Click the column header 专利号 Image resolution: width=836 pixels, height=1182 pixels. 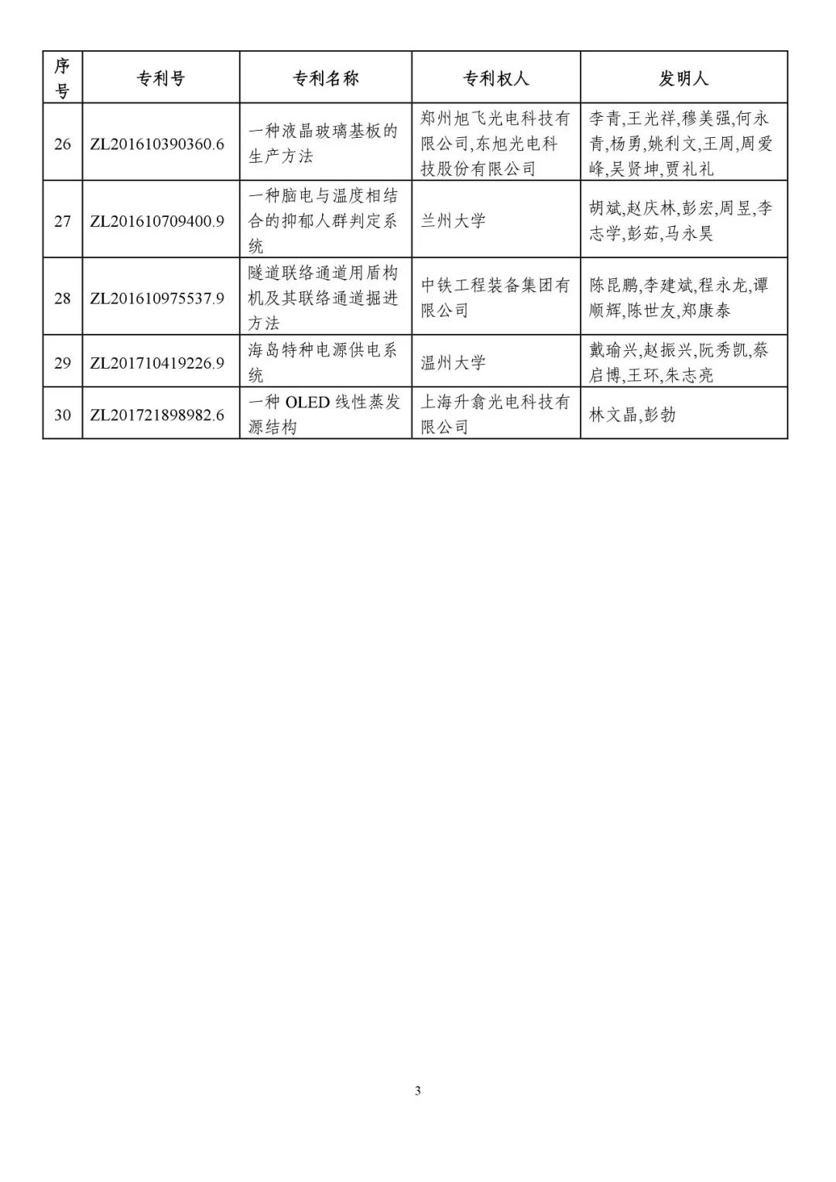coord(161,78)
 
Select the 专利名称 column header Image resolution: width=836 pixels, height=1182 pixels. coord(325,78)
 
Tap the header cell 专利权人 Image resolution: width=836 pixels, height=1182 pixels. coord(495,78)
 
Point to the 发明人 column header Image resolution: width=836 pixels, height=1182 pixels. coord(684,78)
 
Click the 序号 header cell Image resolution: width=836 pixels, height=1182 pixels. coord(62,78)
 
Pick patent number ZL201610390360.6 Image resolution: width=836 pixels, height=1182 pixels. coord(157,144)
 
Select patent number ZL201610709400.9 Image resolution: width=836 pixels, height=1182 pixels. coord(157,222)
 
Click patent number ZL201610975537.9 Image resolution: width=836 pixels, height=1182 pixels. coord(157,298)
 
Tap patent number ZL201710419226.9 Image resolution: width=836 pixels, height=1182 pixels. coord(157,363)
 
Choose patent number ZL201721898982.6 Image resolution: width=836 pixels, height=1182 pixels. coord(157,415)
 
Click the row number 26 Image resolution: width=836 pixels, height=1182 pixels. coord(62,144)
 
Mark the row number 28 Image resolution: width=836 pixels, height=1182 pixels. coord(62,298)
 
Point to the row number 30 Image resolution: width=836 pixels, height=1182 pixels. coord(62,415)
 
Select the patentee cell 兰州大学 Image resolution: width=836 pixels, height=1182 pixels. coord(454,222)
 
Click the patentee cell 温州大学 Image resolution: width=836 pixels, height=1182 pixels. coord(454,363)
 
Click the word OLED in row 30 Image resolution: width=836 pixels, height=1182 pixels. coord(308,403)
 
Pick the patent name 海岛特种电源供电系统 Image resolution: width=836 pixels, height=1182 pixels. coord(322,363)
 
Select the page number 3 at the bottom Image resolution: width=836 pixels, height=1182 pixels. coord(418,1091)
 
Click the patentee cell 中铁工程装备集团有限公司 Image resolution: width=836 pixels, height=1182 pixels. coord(495,298)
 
